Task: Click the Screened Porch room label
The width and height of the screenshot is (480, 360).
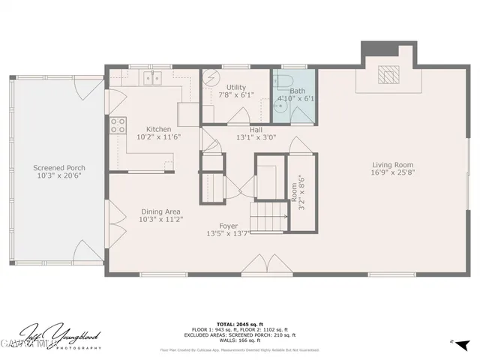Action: pos(58,168)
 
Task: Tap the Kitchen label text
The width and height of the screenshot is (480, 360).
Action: pos(158,129)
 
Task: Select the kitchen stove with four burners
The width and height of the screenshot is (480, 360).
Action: pos(118,125)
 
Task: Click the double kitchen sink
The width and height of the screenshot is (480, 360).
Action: pos(154,77)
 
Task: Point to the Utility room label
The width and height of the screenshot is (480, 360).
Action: pos(236,87)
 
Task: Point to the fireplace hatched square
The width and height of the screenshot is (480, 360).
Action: pos(387,74)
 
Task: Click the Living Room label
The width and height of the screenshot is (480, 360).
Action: pos(394,165)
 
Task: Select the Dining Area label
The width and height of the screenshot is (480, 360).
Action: pos(159,211)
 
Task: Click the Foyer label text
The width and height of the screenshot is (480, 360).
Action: pos(228,226)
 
